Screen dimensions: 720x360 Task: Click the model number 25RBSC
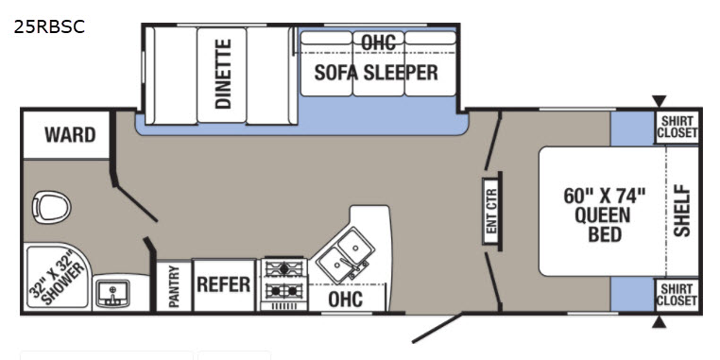[x=49, y=27]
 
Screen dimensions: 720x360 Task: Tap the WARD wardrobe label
[x=70, y=135]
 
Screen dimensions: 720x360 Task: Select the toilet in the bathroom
[x=51, y=208]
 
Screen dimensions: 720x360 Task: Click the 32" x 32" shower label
[x=57, y=277]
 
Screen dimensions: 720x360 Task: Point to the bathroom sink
[x=112, y=294]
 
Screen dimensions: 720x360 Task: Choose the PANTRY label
[x=174, y=286]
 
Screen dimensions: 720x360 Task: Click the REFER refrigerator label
[x=224, y=284]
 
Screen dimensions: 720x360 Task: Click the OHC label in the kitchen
[x=345, y=300]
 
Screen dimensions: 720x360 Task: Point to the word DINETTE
[x=223, y=74]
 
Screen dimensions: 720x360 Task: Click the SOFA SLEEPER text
[x=376, y=73]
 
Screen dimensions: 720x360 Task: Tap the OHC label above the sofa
[x=378, y=43]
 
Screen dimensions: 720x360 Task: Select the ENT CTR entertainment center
[x=491, y=212]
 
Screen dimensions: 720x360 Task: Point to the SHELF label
[x=682, y=211]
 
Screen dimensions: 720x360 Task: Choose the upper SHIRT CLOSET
[x=677, y=128]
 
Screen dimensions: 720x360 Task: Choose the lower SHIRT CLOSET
[x=677, y=295]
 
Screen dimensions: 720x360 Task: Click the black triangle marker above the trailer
[x=659, y=100]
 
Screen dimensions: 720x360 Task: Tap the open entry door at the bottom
[x=437, y=328]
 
